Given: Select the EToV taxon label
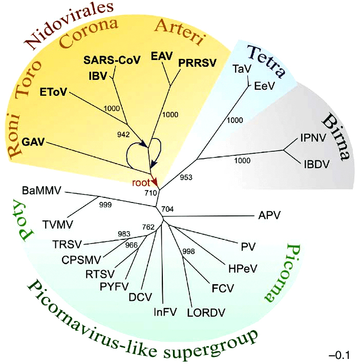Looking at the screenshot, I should point(53,93).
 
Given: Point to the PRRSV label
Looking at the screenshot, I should point(197,63).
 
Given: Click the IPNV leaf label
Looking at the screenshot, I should point(313,137).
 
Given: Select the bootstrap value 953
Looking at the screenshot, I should point(187,177).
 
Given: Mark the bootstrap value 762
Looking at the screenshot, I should point(148,228).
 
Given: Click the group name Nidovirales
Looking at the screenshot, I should point(70,26).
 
